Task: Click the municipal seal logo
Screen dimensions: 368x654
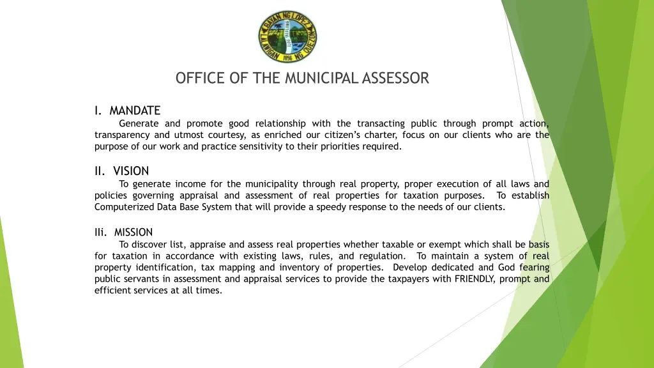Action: point(287,36)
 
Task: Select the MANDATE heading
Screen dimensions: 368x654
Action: point(135,111)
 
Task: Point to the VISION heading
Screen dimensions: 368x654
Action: point(131,171)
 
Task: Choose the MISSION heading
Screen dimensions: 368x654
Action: point(133,232)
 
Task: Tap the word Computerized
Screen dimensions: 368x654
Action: point(121,207)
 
